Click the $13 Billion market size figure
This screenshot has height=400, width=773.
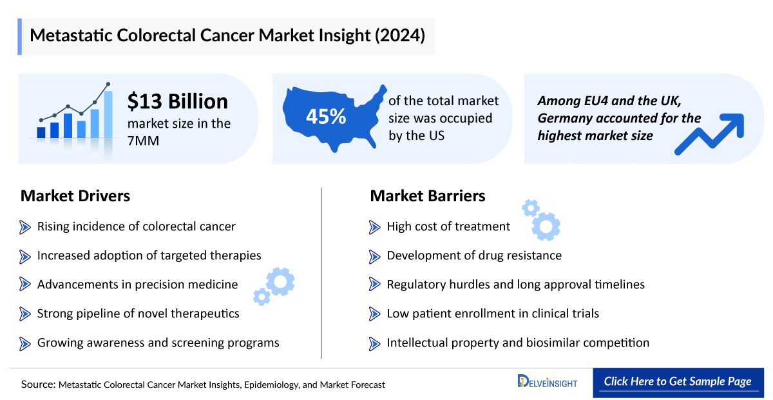177,101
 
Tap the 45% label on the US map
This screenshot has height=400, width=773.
325,117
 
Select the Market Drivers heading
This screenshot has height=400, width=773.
75,195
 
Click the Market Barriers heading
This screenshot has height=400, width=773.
427,195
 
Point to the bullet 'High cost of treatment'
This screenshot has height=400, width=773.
448,226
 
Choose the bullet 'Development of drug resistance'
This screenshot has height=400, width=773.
473,255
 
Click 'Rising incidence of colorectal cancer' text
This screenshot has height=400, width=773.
136,226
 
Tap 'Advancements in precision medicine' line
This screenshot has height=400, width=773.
137,285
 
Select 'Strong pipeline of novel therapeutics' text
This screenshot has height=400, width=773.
138,314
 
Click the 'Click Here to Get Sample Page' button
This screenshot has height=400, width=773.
677,381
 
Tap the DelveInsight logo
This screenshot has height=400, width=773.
547,382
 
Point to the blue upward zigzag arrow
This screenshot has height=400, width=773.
709,134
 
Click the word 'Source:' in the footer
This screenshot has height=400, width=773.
38,385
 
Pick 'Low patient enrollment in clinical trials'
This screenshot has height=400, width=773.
493,314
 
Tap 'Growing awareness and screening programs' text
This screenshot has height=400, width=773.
158,343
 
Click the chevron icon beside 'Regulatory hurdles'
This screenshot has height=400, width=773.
375,285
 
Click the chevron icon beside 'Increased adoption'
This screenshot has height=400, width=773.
25,255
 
